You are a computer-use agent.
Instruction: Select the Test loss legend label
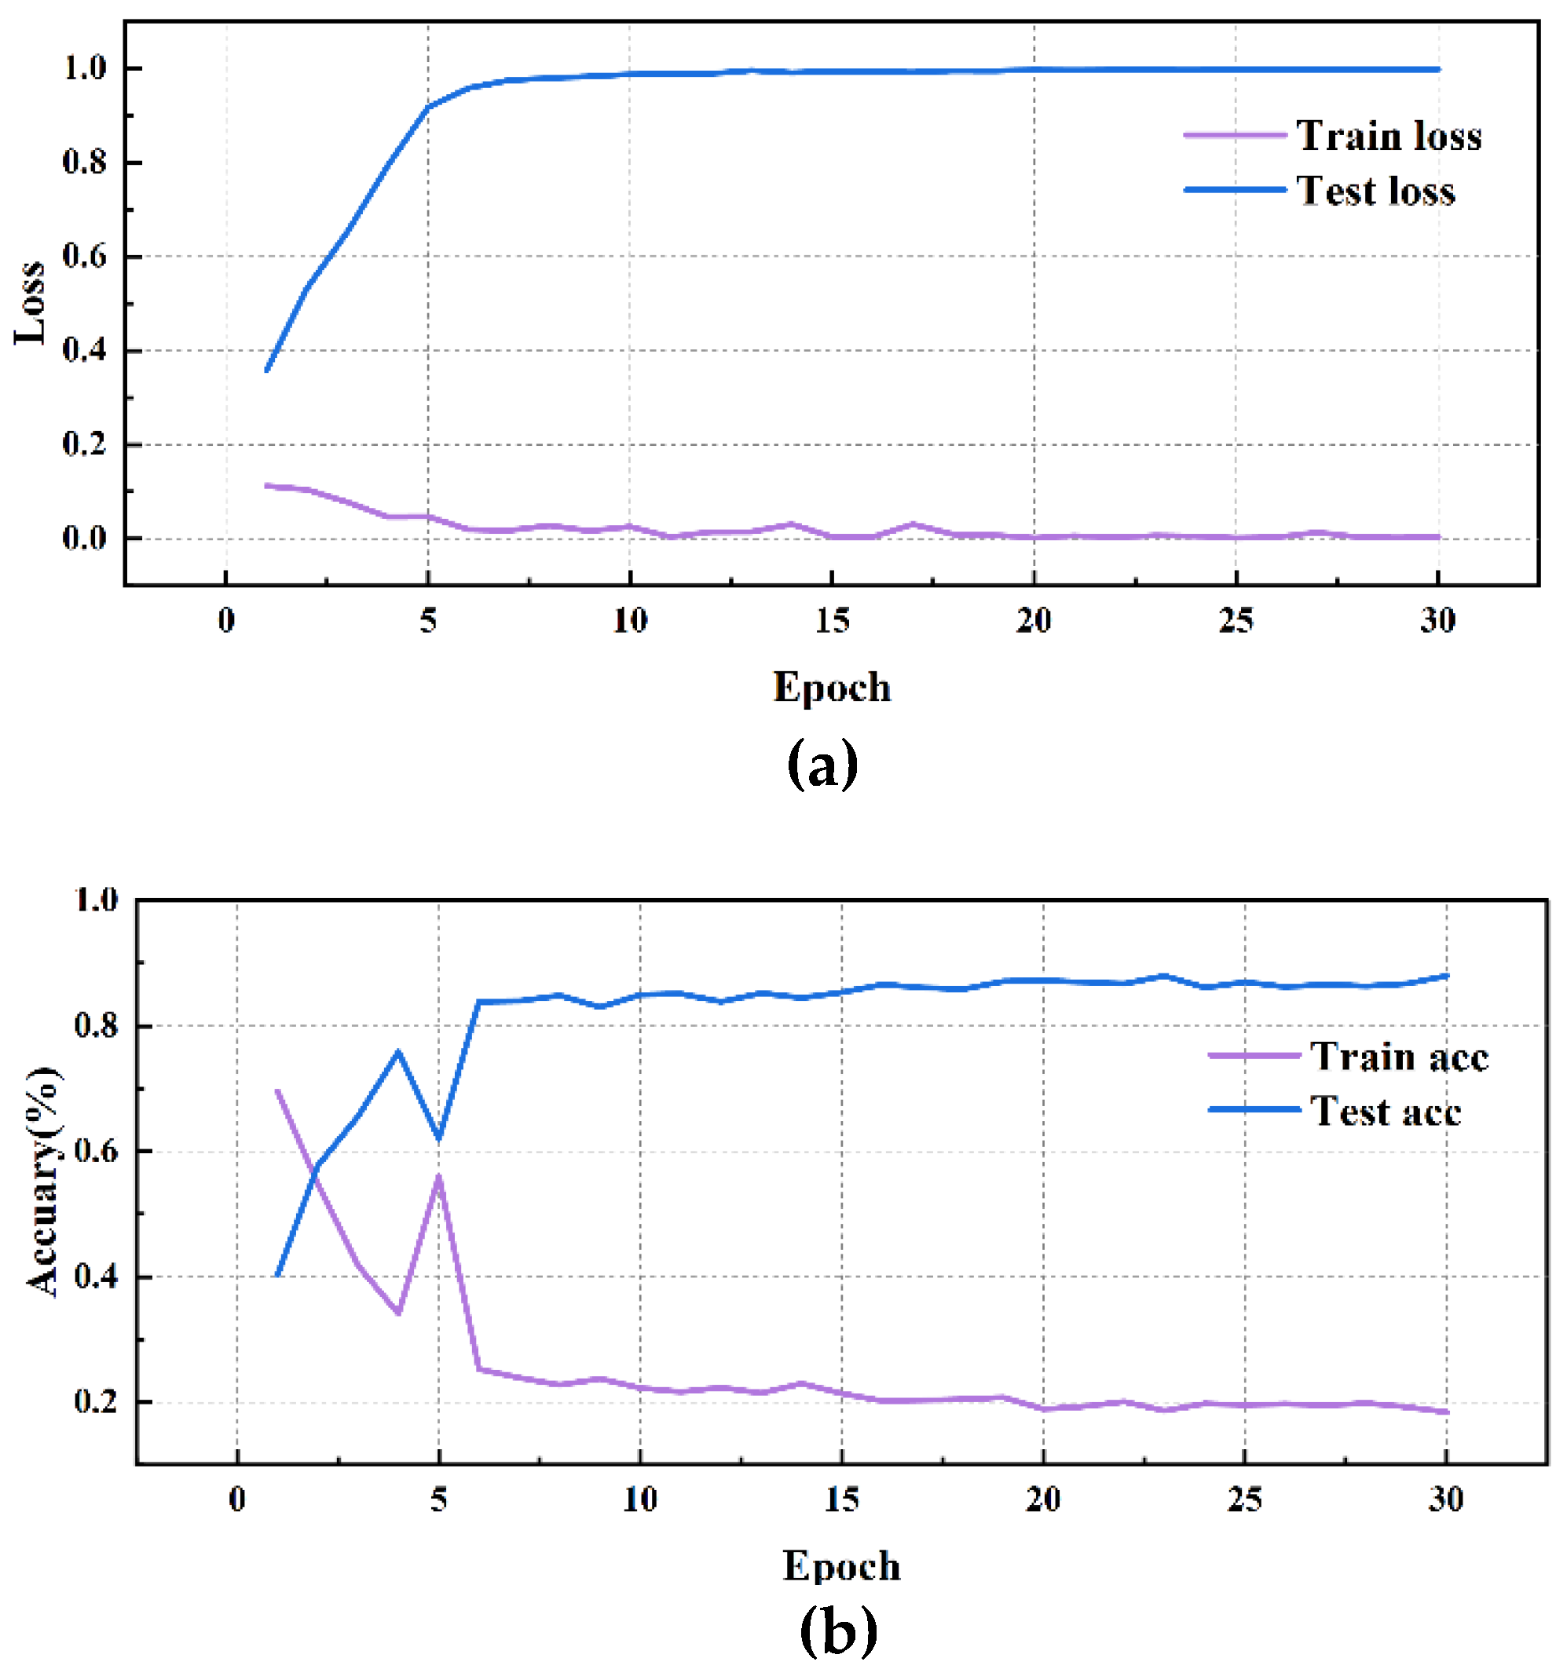(x=1375, y=191)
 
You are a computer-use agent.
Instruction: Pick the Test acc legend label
(x=1385, y=1111)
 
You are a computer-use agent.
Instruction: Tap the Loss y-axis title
(x=30, y=302)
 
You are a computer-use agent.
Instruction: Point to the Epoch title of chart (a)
(x=831, y=688)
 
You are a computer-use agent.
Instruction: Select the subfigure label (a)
(x=822, y=762)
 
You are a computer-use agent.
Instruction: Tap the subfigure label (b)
(x=837, y=1630)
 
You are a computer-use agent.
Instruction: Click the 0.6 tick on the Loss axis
(x=85, y=256)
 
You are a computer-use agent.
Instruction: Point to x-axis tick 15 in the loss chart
(x=831, y=620)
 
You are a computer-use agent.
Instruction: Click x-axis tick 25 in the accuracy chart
(x=1243, y=1499)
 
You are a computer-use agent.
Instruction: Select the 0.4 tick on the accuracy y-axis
(x=97, y=1277)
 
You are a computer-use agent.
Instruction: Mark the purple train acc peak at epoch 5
(x=438, y=1176)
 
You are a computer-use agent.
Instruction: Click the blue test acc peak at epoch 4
(x=398, y=1051)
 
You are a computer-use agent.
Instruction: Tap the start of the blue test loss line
(x=267, y=371)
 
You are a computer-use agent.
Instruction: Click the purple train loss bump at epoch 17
(x=913, y=524)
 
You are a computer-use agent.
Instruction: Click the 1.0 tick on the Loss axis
(x=85, y=68)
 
